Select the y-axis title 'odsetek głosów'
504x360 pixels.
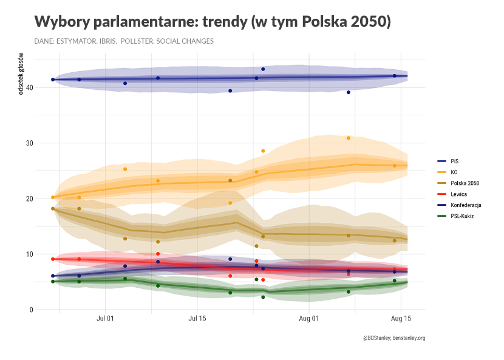pos(21,76)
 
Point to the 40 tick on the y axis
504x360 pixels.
pos(29,87)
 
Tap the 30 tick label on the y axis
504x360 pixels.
pos(29,143)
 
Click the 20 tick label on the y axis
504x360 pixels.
pos(29,199)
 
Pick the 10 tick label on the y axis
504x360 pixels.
pos(29,254)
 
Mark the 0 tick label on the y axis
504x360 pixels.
pos(31,310)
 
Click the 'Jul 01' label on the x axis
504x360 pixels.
pos(106,318)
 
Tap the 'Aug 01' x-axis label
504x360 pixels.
pos(309,318)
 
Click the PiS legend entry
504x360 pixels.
pos(454,161)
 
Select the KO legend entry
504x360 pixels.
pos(454,172)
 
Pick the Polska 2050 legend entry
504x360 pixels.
pos(464,183)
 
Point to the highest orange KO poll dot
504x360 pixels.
pos(349,138)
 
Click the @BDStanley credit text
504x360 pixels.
pos(393,338)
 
